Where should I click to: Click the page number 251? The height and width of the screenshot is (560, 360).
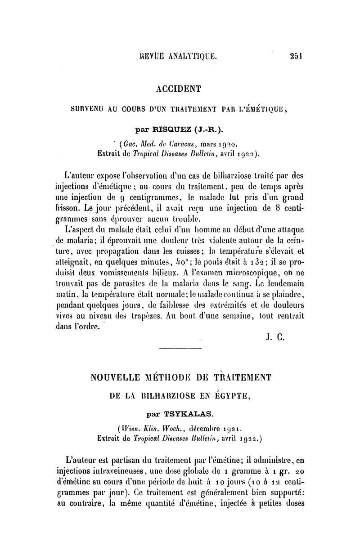(295, 57)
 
